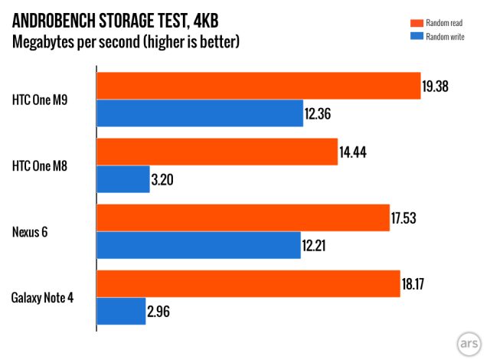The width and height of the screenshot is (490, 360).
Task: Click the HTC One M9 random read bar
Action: [258, 86]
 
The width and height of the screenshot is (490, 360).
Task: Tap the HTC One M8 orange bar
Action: [217, 152]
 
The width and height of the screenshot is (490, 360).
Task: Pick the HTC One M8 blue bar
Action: [122, 179]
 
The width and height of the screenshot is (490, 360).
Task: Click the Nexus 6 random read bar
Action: [242, 218]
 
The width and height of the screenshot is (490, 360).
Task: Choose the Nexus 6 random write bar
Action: [198, 245]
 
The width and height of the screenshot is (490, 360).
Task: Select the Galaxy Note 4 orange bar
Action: [248, 283]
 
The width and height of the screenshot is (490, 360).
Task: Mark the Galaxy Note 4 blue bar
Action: [121, 311]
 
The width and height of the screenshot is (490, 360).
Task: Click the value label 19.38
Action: [434, 87]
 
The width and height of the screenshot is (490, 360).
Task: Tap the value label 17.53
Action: [404, 218]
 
